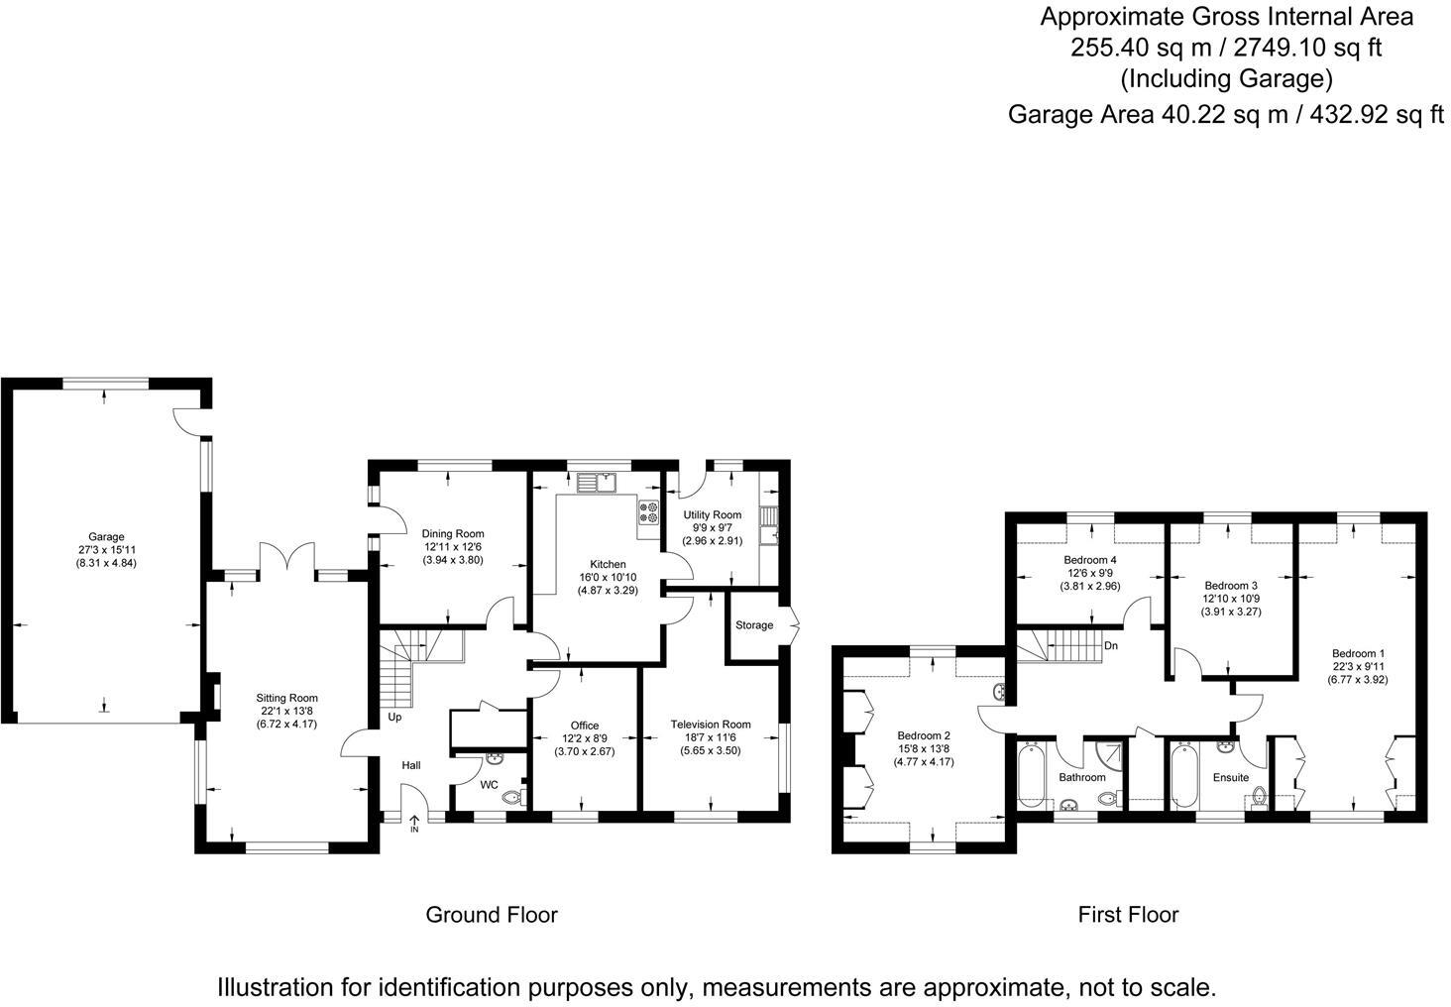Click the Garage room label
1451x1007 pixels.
point(105,537)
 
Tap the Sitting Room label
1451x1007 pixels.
point(287,698)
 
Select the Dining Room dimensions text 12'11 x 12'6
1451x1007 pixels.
point(453,547)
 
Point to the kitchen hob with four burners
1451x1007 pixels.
point(649,512)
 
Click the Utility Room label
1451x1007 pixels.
point(712,514)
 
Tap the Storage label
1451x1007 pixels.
point(754,625)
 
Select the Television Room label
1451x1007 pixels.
point(710,725)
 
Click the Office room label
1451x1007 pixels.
point(585,726)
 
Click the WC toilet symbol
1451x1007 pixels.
point(512,797)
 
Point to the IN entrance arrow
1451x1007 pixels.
point(414,821)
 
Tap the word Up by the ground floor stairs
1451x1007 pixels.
point(394,717)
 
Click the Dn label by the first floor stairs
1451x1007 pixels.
point(1111,645)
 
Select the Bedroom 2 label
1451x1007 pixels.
point(924,735)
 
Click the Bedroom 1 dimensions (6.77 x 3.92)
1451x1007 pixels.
point(1358,679)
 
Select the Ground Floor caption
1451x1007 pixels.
point(492,914)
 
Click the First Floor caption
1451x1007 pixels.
point(1128,914)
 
